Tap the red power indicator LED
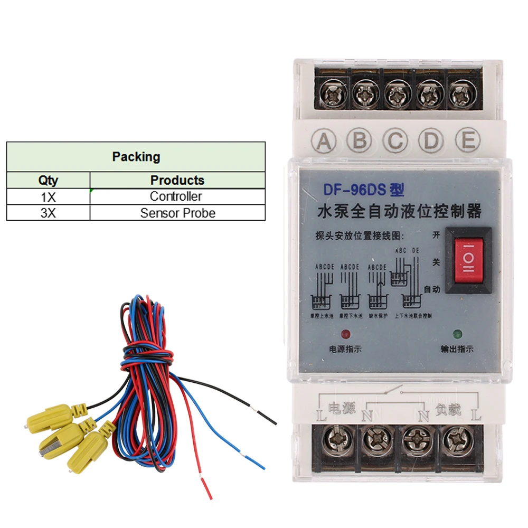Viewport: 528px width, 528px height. [346, 334]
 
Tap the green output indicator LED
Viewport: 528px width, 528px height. [457, 334]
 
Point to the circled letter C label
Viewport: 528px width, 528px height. [395, 140]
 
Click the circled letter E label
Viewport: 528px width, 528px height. [467, 140]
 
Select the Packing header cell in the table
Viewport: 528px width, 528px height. [136, 157]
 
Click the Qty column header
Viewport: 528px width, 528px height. [48, 180]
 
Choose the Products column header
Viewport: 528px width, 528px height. [177, 180]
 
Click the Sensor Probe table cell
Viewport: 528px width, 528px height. [177, 213]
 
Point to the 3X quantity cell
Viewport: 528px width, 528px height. [48, 213]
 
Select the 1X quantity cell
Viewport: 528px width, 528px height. [48, 196]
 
